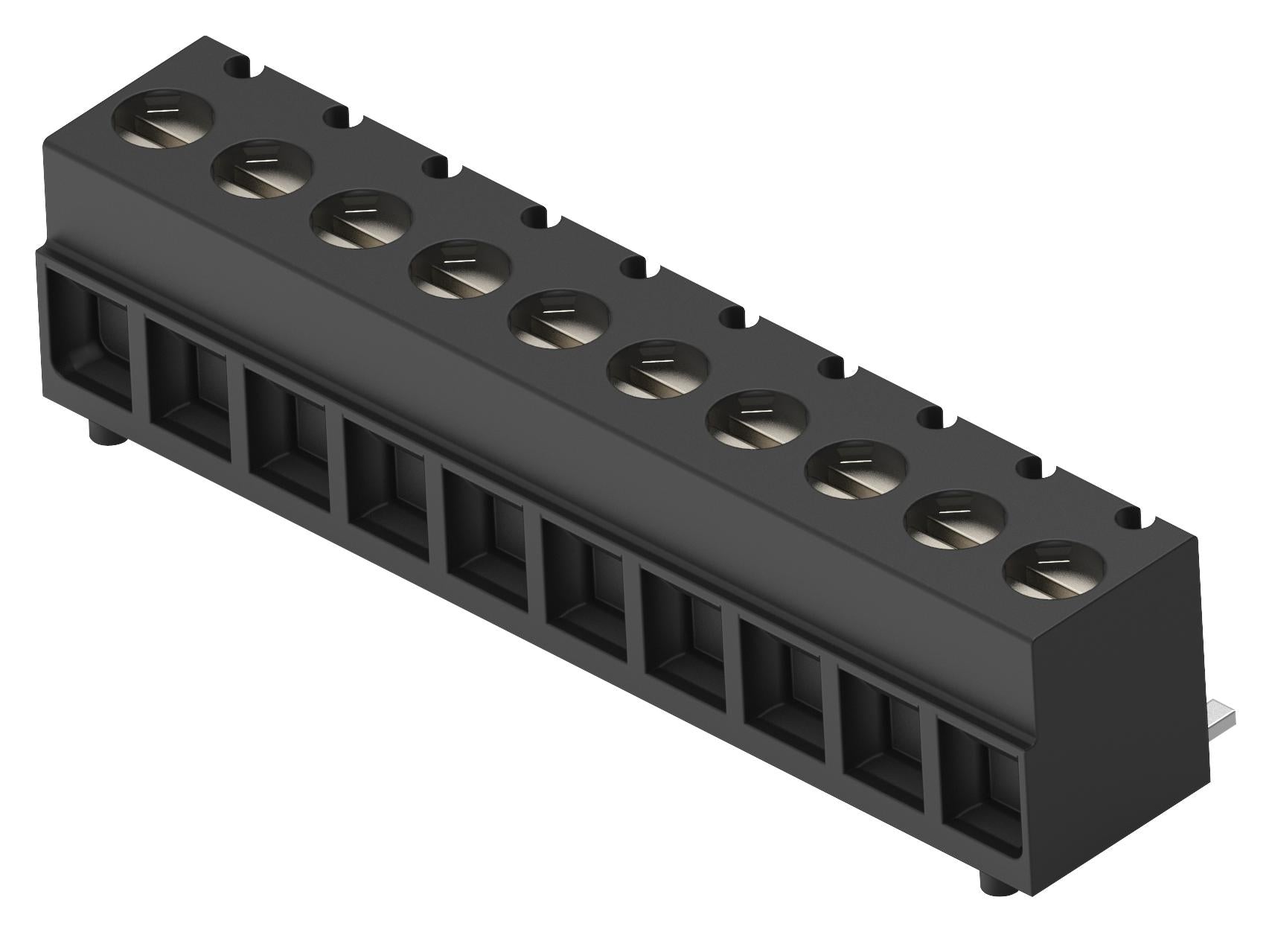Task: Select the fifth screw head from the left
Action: (x=559, y=321)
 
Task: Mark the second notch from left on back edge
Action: (x=342, y=118)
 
